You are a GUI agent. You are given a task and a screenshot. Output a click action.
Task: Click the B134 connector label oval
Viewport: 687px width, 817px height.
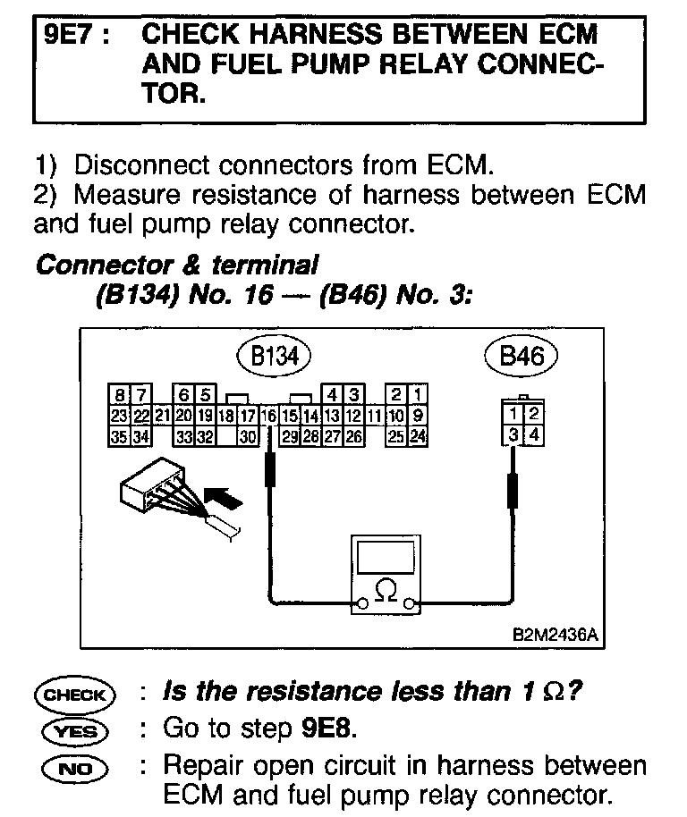point(273,358)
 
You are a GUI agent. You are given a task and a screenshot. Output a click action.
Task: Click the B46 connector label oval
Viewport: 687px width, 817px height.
point(521,358)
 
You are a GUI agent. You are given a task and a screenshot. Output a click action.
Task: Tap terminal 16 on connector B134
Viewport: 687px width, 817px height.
point(267,416)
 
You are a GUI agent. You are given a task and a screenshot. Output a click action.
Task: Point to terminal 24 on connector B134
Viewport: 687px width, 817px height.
point(418,437)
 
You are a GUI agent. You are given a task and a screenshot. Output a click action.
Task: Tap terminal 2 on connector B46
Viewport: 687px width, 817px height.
point(532,415)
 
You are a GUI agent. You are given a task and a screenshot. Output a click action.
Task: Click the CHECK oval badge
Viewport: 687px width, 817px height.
point(75,695)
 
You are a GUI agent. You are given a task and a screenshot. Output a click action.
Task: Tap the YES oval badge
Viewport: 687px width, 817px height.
point(75,731)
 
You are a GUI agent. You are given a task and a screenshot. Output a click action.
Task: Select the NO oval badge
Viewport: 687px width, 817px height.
point(75,767)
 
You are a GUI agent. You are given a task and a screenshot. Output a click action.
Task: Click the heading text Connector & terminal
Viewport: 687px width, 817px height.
point(175,265)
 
